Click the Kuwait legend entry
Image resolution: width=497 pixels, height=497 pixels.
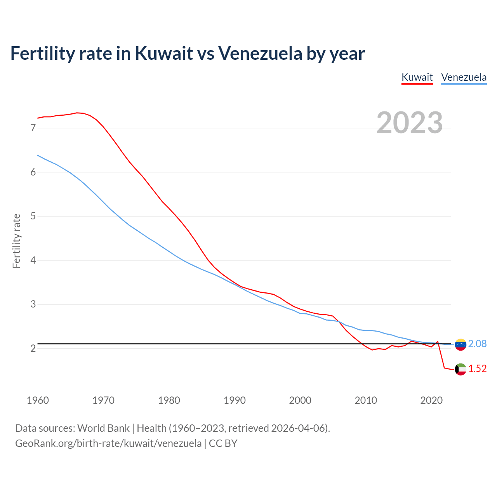coord(417,77)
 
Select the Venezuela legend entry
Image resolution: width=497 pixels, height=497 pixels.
coord(464,77)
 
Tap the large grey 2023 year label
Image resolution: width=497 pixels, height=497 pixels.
coord(410,123)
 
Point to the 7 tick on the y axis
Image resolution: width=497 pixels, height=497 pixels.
coord(33,128)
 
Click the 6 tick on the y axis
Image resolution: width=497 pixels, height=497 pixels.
coord(33,172)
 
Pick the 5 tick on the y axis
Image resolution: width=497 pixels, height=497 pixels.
coord(33,216)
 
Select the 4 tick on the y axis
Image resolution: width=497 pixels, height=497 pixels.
coord(33,260)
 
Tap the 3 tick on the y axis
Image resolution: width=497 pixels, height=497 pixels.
coord(33,304)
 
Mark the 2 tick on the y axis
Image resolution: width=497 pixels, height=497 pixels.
coord(33,348)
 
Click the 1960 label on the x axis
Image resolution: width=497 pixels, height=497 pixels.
coord(38,400)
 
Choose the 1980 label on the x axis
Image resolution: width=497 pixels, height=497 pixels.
coord(169,400)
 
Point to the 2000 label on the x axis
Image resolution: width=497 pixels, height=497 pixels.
coord(300,400)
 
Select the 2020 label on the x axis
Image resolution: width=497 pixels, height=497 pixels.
coord(431,400)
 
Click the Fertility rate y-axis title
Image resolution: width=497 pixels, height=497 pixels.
coord(16,241)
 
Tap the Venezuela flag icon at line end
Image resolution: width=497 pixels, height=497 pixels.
coord(461,344)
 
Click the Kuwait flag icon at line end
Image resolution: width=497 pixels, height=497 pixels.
coord(461,369)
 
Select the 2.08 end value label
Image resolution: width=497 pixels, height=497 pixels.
coord(477,344)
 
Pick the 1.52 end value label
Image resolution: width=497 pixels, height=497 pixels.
coord(477,369)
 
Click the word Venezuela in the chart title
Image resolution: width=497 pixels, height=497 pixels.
coord(260,53)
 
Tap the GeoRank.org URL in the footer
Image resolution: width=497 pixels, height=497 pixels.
coord(108,443)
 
